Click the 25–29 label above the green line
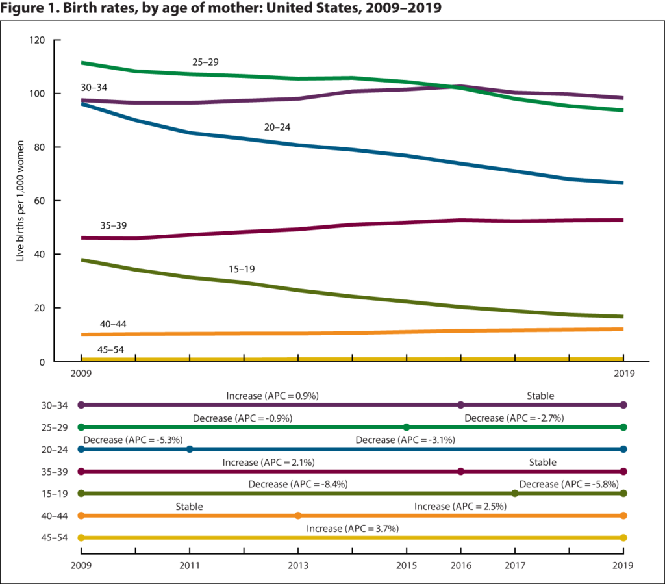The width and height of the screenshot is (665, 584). [206, 62]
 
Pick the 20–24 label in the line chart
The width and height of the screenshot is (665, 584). [277, 128]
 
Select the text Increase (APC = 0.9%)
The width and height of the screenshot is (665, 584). [271, 395]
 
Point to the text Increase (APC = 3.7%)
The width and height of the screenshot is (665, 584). [353, 529]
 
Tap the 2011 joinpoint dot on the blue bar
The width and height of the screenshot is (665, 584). [190, 450]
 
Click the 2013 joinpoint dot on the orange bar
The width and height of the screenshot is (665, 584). [298, 516]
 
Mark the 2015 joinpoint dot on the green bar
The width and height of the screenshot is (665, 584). [407, 427]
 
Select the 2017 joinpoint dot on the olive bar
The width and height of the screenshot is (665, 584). [515, 494]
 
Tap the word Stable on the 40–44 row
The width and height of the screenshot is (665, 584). [189, 506]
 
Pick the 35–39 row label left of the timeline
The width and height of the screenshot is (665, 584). [54, 472]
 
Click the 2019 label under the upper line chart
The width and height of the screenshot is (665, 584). [623, 374]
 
